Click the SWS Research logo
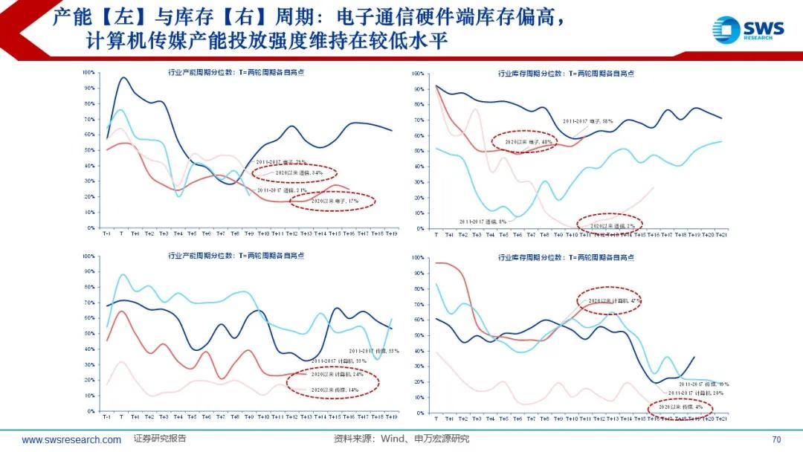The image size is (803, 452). point(748,30)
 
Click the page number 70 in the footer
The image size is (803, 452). point(776,439)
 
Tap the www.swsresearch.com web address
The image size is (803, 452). point(71,440)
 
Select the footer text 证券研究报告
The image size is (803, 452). point(160,439)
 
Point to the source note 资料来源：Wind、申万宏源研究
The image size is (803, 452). point(401,439)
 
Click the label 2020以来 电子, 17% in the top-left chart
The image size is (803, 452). point(333,201)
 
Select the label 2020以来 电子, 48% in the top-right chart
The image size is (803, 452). point(529,141)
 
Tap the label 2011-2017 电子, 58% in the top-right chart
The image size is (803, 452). point(587,120)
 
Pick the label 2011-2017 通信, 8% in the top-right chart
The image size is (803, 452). point(483,222)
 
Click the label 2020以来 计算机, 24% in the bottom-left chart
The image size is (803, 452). point(334,375)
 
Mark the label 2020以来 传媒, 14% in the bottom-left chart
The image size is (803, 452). point(333,389)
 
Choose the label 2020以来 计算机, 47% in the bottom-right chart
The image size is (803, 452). point(614,300)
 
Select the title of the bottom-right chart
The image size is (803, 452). point(566,258)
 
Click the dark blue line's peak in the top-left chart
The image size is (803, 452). point(123,77)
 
